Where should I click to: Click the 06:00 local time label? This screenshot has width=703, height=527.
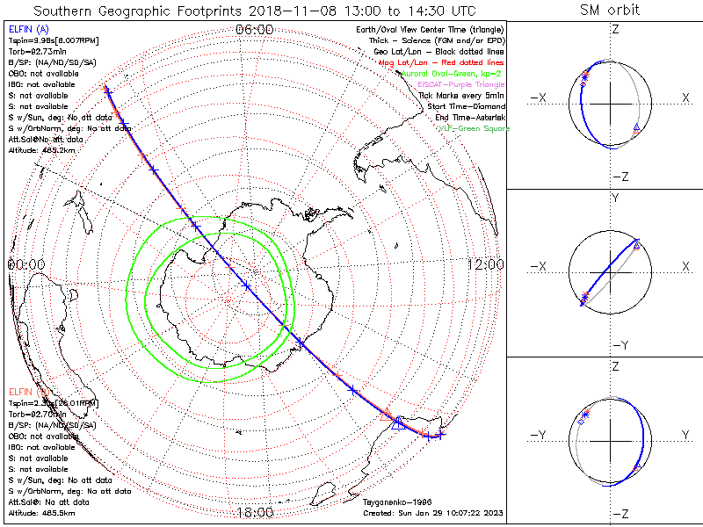pos(255,30)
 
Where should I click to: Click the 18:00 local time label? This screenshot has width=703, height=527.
pos(255,513)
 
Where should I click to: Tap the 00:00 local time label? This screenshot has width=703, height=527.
pos(25,264)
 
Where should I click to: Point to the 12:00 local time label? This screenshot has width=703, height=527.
pos(485,264)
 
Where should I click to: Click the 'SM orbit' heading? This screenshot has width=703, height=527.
pos(610,11)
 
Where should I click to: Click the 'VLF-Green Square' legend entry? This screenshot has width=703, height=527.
pos(474,129)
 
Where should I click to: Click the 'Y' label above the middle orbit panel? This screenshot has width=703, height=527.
pos(614,199)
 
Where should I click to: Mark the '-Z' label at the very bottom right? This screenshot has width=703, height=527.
pos(620,514)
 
